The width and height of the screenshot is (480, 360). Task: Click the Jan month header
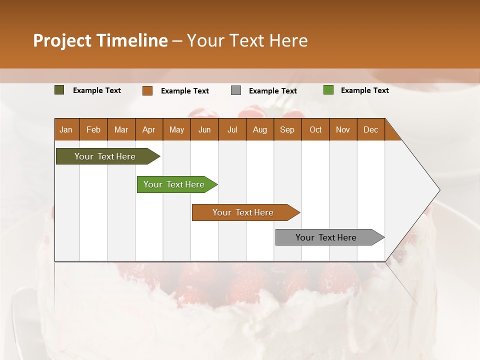click(66, 130)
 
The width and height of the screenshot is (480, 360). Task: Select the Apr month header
click(148, 130)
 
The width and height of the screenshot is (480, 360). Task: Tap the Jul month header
click(232, 130)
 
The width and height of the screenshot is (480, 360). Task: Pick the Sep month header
click(287, 130)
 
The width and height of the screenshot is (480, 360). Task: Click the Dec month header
click(370, 130)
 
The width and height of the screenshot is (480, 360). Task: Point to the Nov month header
click(342, 130)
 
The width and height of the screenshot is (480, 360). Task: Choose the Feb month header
click(93, 130)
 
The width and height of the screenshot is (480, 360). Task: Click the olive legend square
click(59, 90)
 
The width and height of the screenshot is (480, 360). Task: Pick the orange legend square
click(147, 90)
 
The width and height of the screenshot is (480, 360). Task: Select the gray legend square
click(236, 90)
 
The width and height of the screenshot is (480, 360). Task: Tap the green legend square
click(328, 90)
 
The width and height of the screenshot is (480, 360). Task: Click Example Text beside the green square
click(364, 90)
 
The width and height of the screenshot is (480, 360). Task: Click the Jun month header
click(204, 130)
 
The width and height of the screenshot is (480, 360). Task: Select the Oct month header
click(315, 130)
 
